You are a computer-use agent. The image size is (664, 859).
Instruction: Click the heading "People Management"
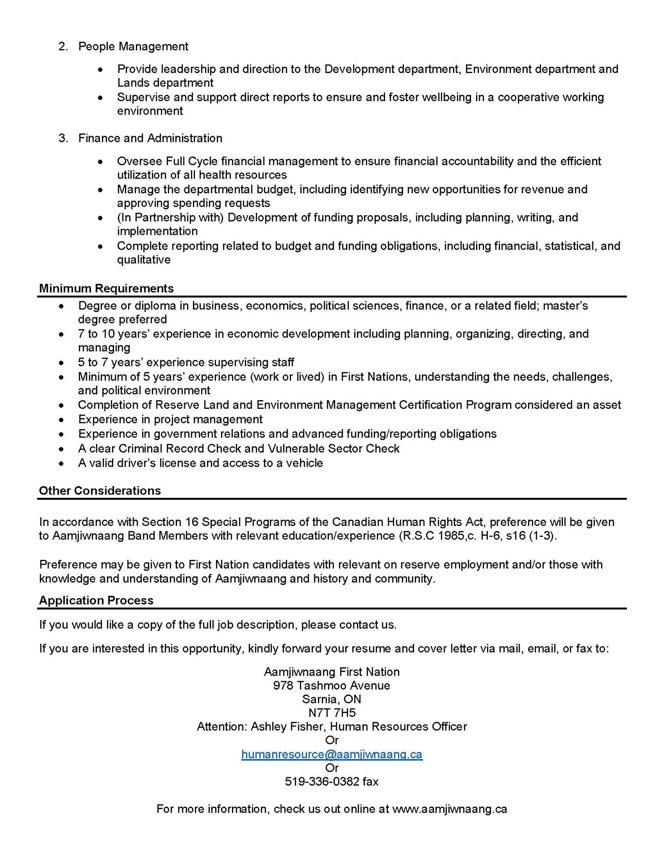pyautogui.click(x=133, y=46)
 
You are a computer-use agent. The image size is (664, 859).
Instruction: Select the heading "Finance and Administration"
pyautogui.click(x=150, y=138)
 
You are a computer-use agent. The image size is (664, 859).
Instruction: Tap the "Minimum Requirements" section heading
pyautogui.click(x=106, y=289)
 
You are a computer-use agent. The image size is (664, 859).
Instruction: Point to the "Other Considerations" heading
pyautogui.click(x=100, y=491)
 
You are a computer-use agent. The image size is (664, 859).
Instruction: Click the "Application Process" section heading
pyautogui.click(x=96, y=600)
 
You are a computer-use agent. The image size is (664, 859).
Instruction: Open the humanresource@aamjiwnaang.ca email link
pyautogui.click(x=332, y=754)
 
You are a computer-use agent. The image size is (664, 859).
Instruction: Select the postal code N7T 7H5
pyautogui.click(x=332, y=713)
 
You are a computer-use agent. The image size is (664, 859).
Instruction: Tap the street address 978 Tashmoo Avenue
pyautogui.click(x=332, y=685)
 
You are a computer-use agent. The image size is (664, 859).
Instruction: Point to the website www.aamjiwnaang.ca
pyautogui.click(x=449, y=809)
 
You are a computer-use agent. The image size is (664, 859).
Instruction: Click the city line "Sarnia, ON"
pyautogui.click(x=332, y=699)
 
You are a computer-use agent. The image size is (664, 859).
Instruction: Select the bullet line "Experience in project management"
pyautogui.click(x=170, y=419)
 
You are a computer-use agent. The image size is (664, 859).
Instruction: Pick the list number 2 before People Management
pyautogui.click(x=62, y=46)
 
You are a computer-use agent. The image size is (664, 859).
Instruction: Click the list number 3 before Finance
pyautogui.click(x=62, y=138)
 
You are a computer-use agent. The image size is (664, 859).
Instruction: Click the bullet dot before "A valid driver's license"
pyautogui.click(x=62, y=463)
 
